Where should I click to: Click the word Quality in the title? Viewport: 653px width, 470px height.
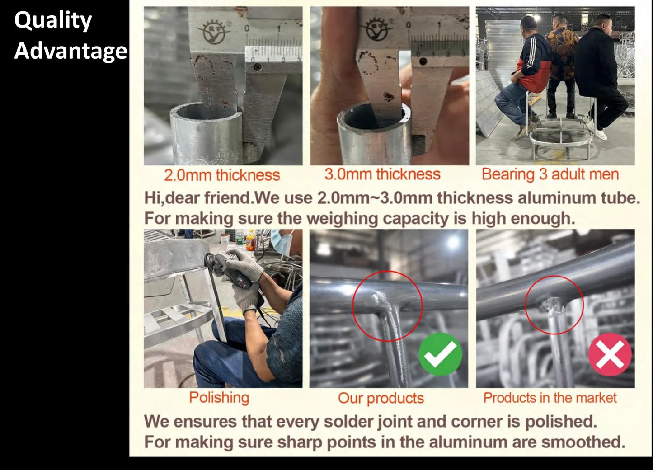click(53, 21)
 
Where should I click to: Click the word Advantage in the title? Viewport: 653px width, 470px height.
click(70, 51)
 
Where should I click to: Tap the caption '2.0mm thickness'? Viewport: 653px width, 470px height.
click(222, 175)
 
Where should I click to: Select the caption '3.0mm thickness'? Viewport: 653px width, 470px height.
click(382, 174)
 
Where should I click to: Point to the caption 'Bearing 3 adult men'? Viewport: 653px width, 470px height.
click(550, 174)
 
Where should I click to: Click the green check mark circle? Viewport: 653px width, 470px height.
click(440, 354)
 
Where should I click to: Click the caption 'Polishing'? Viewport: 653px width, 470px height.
click(219, 398)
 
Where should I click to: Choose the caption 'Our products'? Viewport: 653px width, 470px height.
click(381, 398)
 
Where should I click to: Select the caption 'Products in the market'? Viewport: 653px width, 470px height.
click(550, 398)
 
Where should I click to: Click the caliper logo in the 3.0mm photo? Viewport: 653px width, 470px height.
click(377, 28)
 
